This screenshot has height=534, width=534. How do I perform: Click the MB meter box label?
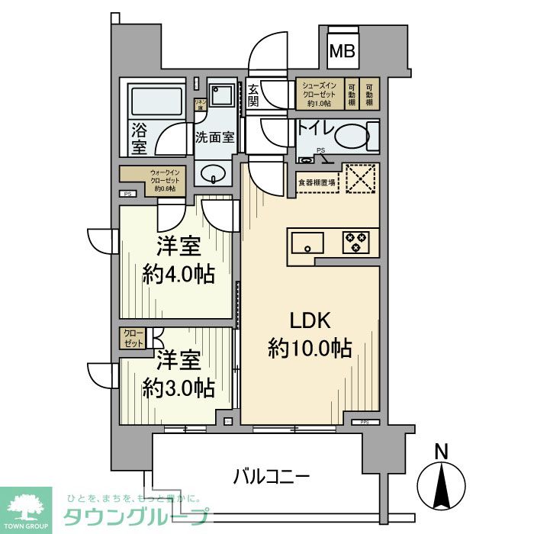pyautogui.click(x=341, y=52)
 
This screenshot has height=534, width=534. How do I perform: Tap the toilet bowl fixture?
pyautogui.click(x=352, y=138)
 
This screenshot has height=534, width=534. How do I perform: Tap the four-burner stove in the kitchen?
pyautogui.click(x=355, y=242)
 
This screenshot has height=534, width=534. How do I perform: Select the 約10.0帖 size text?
pyautogui.click(x=310, y=348)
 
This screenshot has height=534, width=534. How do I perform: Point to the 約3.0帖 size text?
pyautogui.click(x=178, y=387)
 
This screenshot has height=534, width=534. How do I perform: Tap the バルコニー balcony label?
pyautogui.click(x=272, y=478)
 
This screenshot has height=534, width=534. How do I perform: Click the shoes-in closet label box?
pyautogui.click(x=320, y=93)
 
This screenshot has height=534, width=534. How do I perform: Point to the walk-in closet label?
pyautogui.click(x=152, y=181)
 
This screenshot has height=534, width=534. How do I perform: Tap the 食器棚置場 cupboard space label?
pyautogui.click(x=317, y=182)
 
